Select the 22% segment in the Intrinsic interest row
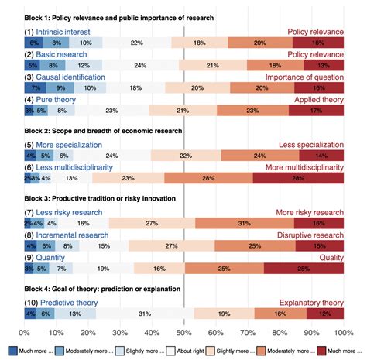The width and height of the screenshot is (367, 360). tap(136, 43)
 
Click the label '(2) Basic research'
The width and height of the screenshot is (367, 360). tap(59, 55)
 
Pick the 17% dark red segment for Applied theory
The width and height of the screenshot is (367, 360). tap(316, 111)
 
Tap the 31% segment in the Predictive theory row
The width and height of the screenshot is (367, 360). tap(145, 314)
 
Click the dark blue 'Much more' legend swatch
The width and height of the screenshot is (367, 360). tap(12, 350)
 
